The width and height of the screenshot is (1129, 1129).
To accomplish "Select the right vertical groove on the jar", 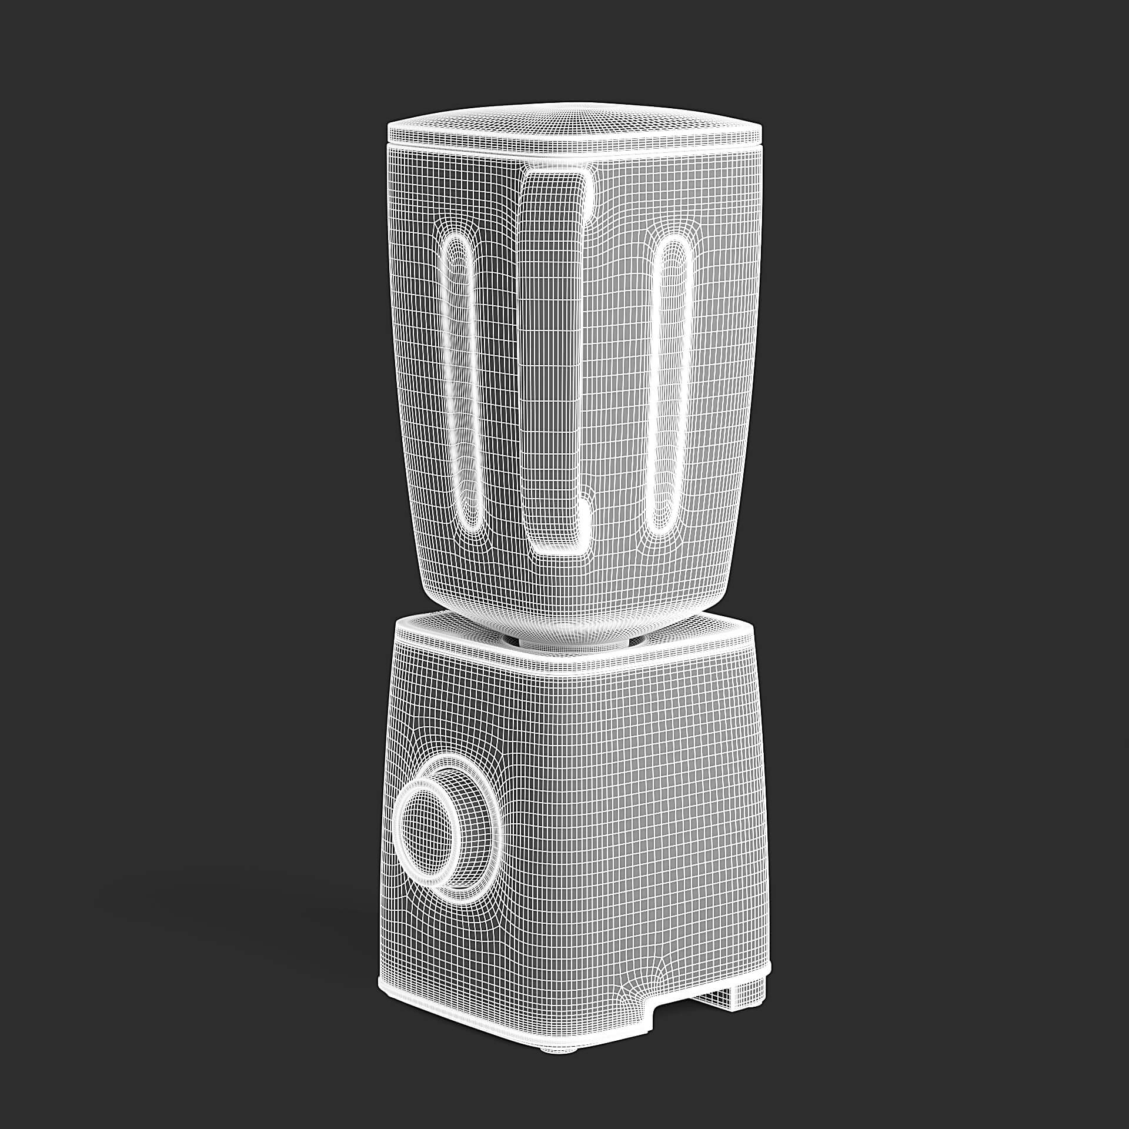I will point(668,382).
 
